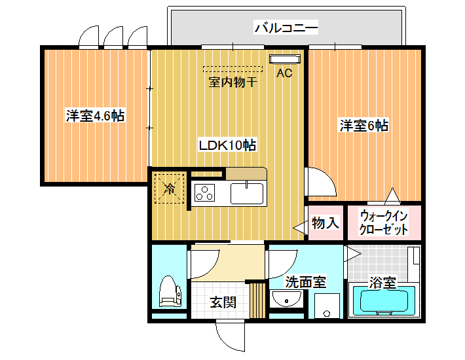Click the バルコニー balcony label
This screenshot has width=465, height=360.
point(286,28)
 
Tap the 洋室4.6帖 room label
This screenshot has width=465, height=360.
point(95,115)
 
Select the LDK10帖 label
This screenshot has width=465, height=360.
point(227,145)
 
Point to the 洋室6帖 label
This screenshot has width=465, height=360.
point(364,126)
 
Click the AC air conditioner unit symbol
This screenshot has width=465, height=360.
point(285,59)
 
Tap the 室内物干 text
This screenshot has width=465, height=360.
point(233,82)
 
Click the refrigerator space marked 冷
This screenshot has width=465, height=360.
point(170,189)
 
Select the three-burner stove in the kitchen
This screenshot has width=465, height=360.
point(204,192)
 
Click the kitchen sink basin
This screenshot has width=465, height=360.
point(247,194)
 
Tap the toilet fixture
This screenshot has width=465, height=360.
point(170,291)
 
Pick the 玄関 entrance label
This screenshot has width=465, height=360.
point(223,302)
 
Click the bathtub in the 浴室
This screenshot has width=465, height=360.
point(384,300)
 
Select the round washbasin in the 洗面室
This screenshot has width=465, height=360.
point(286,299)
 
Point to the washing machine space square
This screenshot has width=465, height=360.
point(327,306)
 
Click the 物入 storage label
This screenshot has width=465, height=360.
point(325,223)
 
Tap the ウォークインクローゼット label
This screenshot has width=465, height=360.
point(383,223)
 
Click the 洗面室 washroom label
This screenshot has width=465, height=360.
point(305,281)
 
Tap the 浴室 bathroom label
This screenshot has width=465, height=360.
point(382,283)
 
